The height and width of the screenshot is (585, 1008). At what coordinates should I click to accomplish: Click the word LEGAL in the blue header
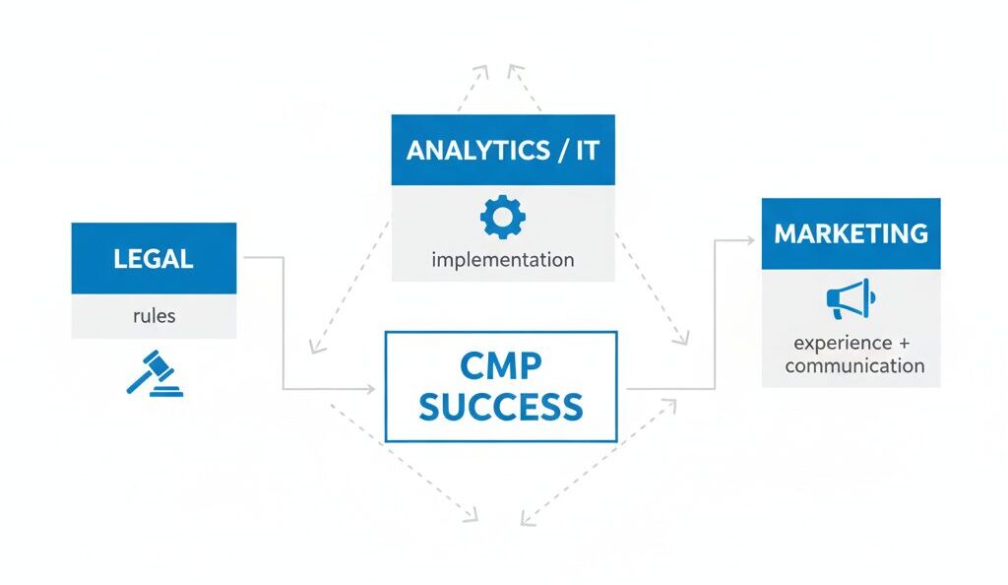pyautogui.click(x=154, y=259)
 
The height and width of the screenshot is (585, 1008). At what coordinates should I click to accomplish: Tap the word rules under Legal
pyautogui.click(x=154, y=317)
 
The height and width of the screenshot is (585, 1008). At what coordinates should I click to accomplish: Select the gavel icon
pyautogui.click(x=155, y=372)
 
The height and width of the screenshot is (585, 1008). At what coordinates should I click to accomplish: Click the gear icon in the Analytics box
pyautogui.click(x=502, y=217)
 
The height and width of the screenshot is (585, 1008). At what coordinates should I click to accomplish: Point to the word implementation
pyautogui.click(x=502, y=260)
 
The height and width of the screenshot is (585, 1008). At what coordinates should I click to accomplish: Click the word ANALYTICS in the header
pyautogui.click(x=478, y=151)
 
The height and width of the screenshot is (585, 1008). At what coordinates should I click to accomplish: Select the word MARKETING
pyautogui.click(x=850, y=233)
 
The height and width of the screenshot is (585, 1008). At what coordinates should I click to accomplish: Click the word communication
pyautogui.click(x=854, y=365)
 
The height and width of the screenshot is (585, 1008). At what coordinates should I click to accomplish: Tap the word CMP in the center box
pyautogui.click(x=501, y=366)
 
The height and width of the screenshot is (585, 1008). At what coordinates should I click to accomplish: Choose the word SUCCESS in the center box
pyautogui.click(x=501, y=406)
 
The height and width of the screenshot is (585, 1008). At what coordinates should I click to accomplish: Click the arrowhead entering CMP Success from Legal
pyautogui.click(x=371, y=390)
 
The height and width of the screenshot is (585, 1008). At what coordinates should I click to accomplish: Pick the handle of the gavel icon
pyautogui.click(x=139, y=382)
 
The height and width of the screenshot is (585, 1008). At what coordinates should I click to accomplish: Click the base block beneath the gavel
pyautogui.click(x=169, y=391)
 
